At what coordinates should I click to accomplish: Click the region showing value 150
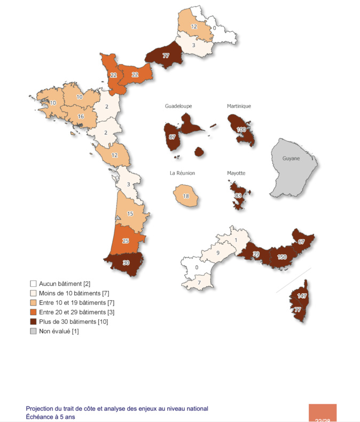tap(281, 257)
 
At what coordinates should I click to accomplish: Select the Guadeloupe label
tap(178, 106)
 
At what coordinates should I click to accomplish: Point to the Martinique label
tap(238, 106)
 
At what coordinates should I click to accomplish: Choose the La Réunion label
tap(182, 173)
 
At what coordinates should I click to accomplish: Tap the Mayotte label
tap(236, 173)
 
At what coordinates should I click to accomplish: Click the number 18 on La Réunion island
tap(186, 196)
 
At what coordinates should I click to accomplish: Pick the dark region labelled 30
tap(126, 262)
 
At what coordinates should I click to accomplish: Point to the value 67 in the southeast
tap(301, 241)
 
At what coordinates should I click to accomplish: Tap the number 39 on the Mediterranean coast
tap(256, 254)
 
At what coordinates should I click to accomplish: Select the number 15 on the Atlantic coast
tap(130, 214)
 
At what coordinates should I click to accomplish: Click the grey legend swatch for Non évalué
tap(33, 332)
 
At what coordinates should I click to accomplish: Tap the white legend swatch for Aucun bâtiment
tap(33, 283)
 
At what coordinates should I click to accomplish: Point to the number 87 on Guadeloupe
tap(172, 137)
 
